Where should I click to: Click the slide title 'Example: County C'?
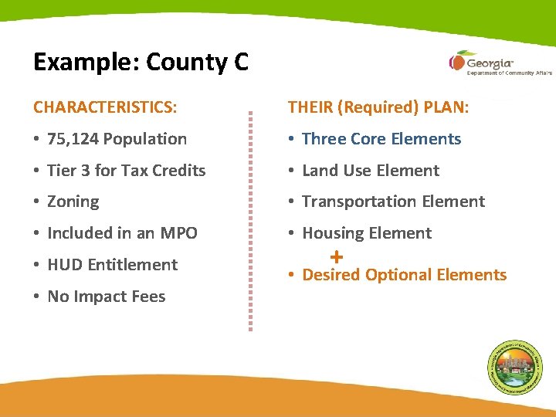[x=141, y=62]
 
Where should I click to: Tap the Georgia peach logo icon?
[x=456, y=61]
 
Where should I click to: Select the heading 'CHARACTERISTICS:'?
[x=105, y=107]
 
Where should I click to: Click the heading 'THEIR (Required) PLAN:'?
[x=378, y=107]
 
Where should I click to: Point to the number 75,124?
[x=73, y=140]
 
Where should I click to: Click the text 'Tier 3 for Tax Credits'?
[x=127, y=171]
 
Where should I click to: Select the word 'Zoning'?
[x=73, y=202]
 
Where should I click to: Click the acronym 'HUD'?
[x=65, y=265]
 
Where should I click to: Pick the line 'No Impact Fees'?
[x=107, y=297]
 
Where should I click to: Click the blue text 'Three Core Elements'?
[x=381, y=140]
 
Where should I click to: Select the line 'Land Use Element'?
[x=371, y=171]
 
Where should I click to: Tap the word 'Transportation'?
[x=353, y=202]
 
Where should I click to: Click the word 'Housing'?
[x=331, y=233]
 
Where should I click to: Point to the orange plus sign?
[x=336, y=256]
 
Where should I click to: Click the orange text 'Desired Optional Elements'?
[x=404, y=276]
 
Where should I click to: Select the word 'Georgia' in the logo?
[x=490, y=62]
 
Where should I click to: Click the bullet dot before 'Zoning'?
[x=37, y=202]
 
